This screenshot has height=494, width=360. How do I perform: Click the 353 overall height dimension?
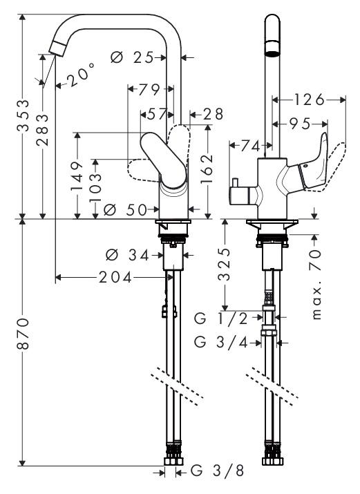click(23, 115)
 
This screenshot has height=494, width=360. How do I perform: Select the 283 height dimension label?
click(43, 130)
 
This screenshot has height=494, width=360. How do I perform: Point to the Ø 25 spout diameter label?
click(132, 57)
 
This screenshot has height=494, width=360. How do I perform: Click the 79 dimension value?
click(149, 90)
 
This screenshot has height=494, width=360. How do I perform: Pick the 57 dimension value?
click(157, 114)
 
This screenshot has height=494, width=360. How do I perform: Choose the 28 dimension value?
click(213, 114)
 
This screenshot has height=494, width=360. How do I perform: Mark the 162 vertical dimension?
click(207, 169)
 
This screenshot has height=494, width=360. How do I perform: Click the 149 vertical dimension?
click(77, 175)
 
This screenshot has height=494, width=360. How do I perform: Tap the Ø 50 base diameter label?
click(125, 209)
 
